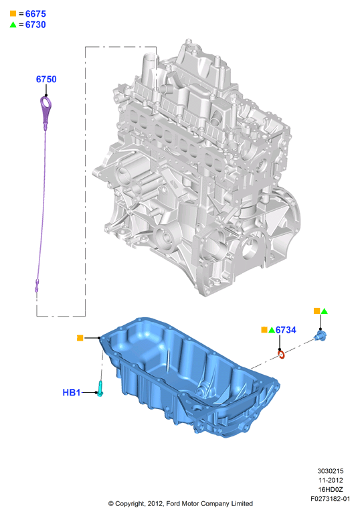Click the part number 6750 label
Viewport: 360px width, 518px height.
(46, 79)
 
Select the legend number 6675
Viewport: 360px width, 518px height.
(35, 14)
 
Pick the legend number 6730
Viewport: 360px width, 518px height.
(35, 25)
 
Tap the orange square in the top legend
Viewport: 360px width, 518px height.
(13, 13)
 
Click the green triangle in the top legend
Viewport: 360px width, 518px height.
(13, 25)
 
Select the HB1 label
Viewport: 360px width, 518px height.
(72, 392)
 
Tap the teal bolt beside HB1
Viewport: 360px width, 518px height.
(101, 388)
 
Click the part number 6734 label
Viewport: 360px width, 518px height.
(286, 330)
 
